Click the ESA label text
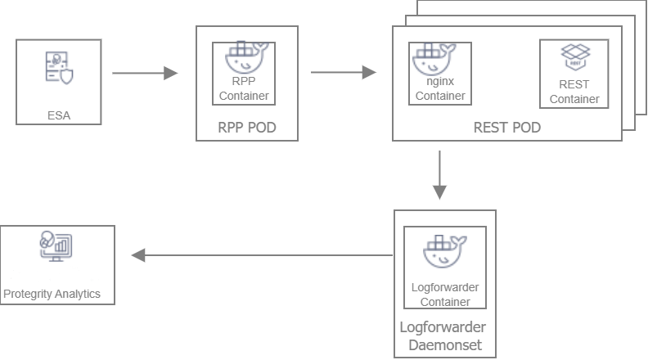[x=58, y=115]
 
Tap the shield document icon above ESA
[x=58, y=67]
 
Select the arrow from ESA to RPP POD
[x=145, y=73]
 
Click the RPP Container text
[x=244, y=89]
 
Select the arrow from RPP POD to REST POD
[x=343, y=73]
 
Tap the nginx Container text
[x=440, y=89]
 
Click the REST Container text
[x=574, y=92]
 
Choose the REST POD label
[x=506, y=128]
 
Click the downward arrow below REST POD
[x=440, y=175]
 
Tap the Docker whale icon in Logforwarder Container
[x=445, y=252]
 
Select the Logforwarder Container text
[x=445, y=295]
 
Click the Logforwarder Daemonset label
[x=444, y=336]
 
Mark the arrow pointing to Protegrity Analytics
[x=261, y=255]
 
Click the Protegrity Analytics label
[x=52, y=294]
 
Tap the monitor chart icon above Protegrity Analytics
[x=56, y=245]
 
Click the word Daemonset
[x=444, y=345]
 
